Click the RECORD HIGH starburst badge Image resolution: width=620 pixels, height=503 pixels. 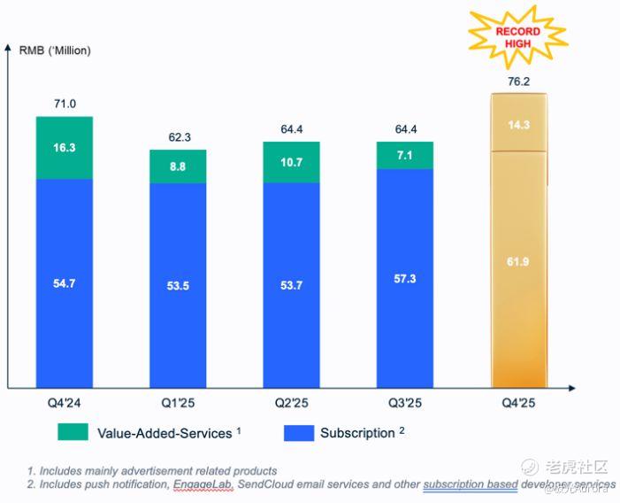pyautogui.click(x=517, y=36)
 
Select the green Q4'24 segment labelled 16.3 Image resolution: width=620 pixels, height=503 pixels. pyautogui.click(x=65, y=148)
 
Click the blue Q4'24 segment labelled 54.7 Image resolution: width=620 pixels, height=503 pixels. pyautogui.click(x=65, y=283)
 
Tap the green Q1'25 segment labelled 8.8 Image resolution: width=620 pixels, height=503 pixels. pyautogui.click(x=178, y=166)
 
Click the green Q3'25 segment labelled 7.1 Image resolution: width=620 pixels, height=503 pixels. pyautogui.click(x=404, y=155)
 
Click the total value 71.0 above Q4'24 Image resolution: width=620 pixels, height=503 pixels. pyautogui.click(x=65, y=104)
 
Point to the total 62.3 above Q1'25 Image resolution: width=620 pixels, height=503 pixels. pyautogui.click(x=178, y=137)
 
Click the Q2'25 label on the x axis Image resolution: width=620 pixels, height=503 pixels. pyautogui.click(x=291, y=403)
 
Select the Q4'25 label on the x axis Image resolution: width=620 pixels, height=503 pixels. pyautogui.click(x=519, y=403)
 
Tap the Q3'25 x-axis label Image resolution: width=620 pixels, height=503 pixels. pyautogui.click(x=404, y=403)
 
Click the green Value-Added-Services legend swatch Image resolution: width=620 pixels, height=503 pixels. pyautogui.click(x=73, y=433)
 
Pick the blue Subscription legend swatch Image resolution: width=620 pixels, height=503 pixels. pyautogui.click(x=297, y=433)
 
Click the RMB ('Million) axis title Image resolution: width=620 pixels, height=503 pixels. pyautogui.click(x=55, y=50)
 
